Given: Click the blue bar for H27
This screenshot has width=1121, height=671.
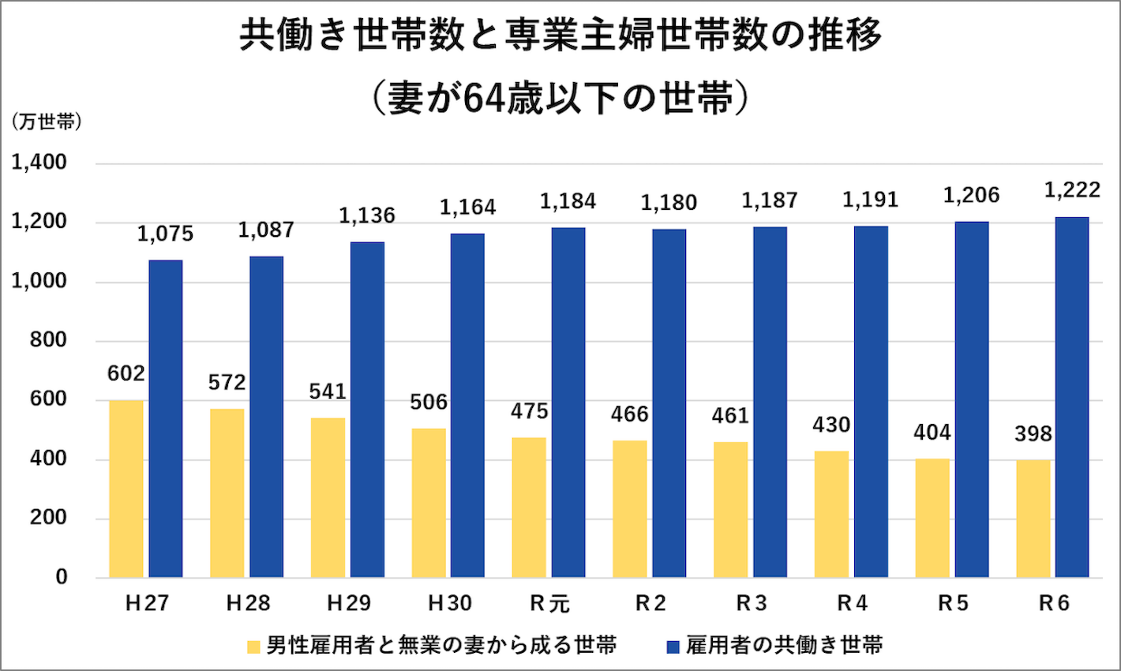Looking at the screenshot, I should (166, 418).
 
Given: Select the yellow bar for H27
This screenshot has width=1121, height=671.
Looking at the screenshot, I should (126, 489).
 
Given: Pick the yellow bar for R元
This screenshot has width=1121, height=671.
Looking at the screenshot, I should (529, 508).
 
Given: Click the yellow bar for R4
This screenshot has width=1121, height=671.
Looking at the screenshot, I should (831, 514).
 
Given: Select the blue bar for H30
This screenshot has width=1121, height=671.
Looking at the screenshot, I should (467, 406).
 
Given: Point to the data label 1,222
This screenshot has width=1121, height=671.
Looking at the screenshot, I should (1072, 190).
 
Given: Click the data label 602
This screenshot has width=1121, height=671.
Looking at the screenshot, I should (126, 373).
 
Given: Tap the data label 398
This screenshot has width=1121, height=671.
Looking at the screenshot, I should (1033, 433).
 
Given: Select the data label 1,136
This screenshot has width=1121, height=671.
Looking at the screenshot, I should (367, 216).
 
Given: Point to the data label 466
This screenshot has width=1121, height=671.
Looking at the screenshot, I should (629, 414).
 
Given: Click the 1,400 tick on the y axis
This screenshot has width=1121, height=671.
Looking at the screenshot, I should (39, 163).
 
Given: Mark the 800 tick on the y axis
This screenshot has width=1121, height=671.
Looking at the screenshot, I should (50, 340).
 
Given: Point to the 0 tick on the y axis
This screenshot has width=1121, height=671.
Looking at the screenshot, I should (62, 577).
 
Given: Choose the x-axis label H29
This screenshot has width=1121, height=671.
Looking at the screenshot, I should (349, 604).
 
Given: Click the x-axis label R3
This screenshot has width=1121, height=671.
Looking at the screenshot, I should (752, 604).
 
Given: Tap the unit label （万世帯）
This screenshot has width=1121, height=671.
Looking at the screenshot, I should (47, 122).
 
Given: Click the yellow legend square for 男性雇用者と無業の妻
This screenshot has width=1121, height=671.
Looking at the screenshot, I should (253, 647).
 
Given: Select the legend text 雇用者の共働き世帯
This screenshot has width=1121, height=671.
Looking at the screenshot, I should (784, 645).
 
